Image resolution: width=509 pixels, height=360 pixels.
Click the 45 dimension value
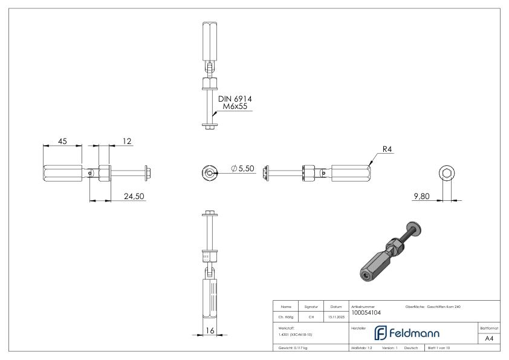click(x=62, y=141)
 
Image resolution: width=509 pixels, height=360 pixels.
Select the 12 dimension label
click(x=126, y=141)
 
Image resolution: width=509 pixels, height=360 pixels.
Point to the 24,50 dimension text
click(x=131, y=196)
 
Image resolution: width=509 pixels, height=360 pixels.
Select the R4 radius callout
click(x=388, y=149)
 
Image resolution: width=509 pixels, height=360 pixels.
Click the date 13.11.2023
click(x=336, y=315)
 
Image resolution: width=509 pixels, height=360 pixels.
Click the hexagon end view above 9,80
click(x=447, y=174)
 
